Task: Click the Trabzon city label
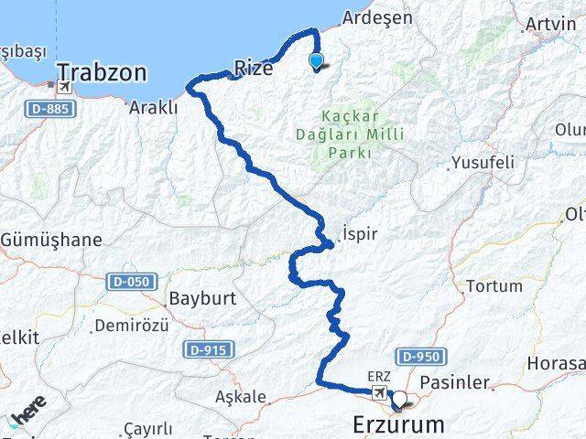coord(104,70)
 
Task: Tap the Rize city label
coord(254,67)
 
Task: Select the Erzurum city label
coord(399,424)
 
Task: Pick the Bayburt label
coord(202,298)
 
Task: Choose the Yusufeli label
coord(483,163)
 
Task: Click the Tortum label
coord(494,286)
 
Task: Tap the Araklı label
coord(154,107)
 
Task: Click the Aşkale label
coord(240,397)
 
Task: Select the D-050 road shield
coord(132,283)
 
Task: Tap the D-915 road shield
coord(210,349)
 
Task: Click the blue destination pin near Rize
coord(317,61)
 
